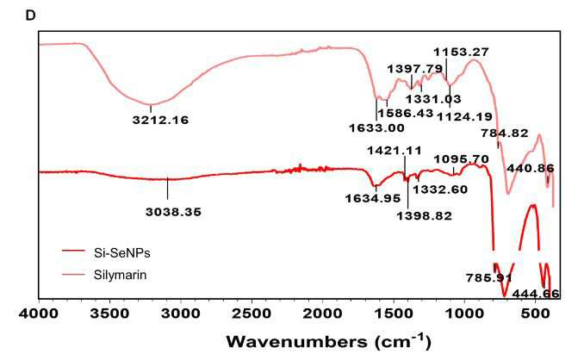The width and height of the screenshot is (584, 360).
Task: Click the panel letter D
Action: (30, 16)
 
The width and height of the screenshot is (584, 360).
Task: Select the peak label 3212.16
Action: (160, 121)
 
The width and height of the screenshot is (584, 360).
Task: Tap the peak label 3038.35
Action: (173, 212)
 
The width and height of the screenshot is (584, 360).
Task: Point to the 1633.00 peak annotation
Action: (376, 128)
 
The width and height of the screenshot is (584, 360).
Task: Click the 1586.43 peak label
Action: (406, 113)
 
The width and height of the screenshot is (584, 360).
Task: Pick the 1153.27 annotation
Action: (461, 53)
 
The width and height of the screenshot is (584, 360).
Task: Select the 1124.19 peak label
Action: (464, 117)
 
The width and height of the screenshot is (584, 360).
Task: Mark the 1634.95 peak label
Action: (372, 198)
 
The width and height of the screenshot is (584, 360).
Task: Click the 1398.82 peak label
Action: (425, 216)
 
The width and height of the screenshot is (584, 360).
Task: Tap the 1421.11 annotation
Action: (395, 151)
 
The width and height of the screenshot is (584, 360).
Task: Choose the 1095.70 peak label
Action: (461, 159)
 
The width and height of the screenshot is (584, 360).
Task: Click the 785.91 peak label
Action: (489, 278)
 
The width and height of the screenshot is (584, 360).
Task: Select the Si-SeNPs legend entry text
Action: (122, 253)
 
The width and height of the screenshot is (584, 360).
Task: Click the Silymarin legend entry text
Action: (120, 276)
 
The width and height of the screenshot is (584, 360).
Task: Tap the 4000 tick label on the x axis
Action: (39, 313)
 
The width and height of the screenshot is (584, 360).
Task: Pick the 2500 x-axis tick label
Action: (252, 313)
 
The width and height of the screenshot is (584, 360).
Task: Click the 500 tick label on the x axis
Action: (535, 313)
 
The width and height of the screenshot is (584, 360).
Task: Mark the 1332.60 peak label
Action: (440, 189)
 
